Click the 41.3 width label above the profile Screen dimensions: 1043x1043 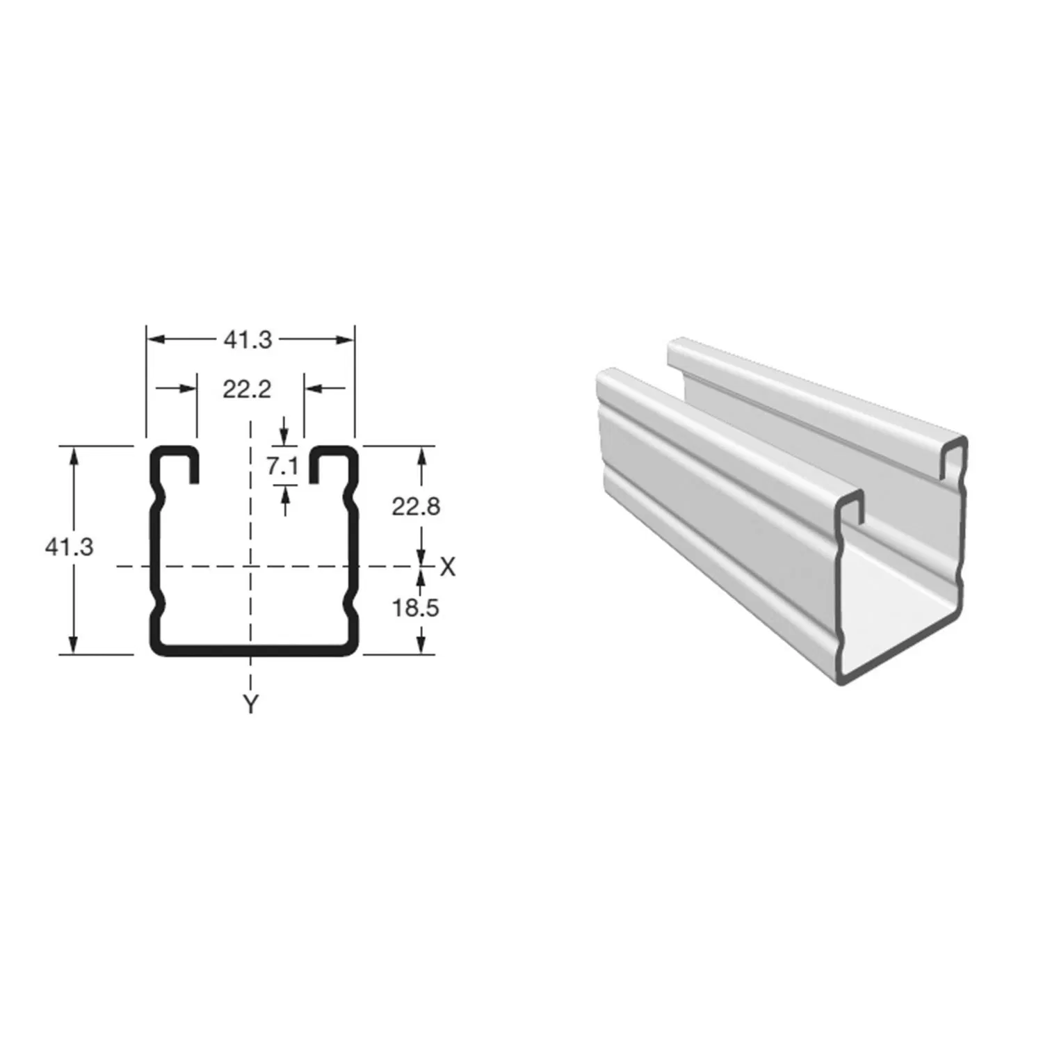tap(248, 340)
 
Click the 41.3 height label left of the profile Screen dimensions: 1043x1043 tap(69, 547)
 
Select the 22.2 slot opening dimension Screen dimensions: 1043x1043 tap(247, 390)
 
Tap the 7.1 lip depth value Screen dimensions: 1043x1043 tap(282, 466)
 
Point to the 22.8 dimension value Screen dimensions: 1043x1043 tap(416, 507)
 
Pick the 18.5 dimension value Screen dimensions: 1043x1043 tap(416, 608)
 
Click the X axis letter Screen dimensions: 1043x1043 tap(448, 567)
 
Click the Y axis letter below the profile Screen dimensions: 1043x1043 tap(250, 704)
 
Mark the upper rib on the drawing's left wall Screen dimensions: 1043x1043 tap(161, 499)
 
